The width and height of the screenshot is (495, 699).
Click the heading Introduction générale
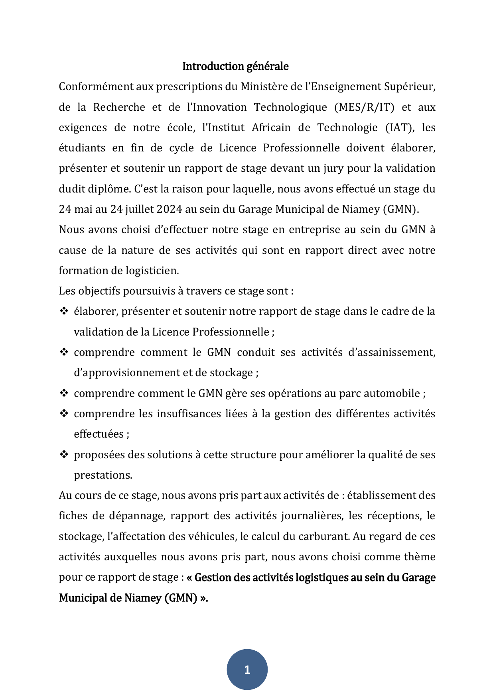pyautogui.click(x=235, y=66)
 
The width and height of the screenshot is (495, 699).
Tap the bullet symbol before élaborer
pyautogui.click(x=64, y=311)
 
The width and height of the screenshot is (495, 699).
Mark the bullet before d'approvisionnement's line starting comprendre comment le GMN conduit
pyautogui.click(x=64, y=352)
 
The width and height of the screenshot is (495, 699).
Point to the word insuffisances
pyautogui.click(x=189, y=414)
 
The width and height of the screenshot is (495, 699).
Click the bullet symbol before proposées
pyautogui.click(x=64, y=455)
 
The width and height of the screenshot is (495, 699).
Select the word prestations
pyautogui.click(x=103, y=475)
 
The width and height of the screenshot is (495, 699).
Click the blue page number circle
pyautogui.click(x=247, y=670)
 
